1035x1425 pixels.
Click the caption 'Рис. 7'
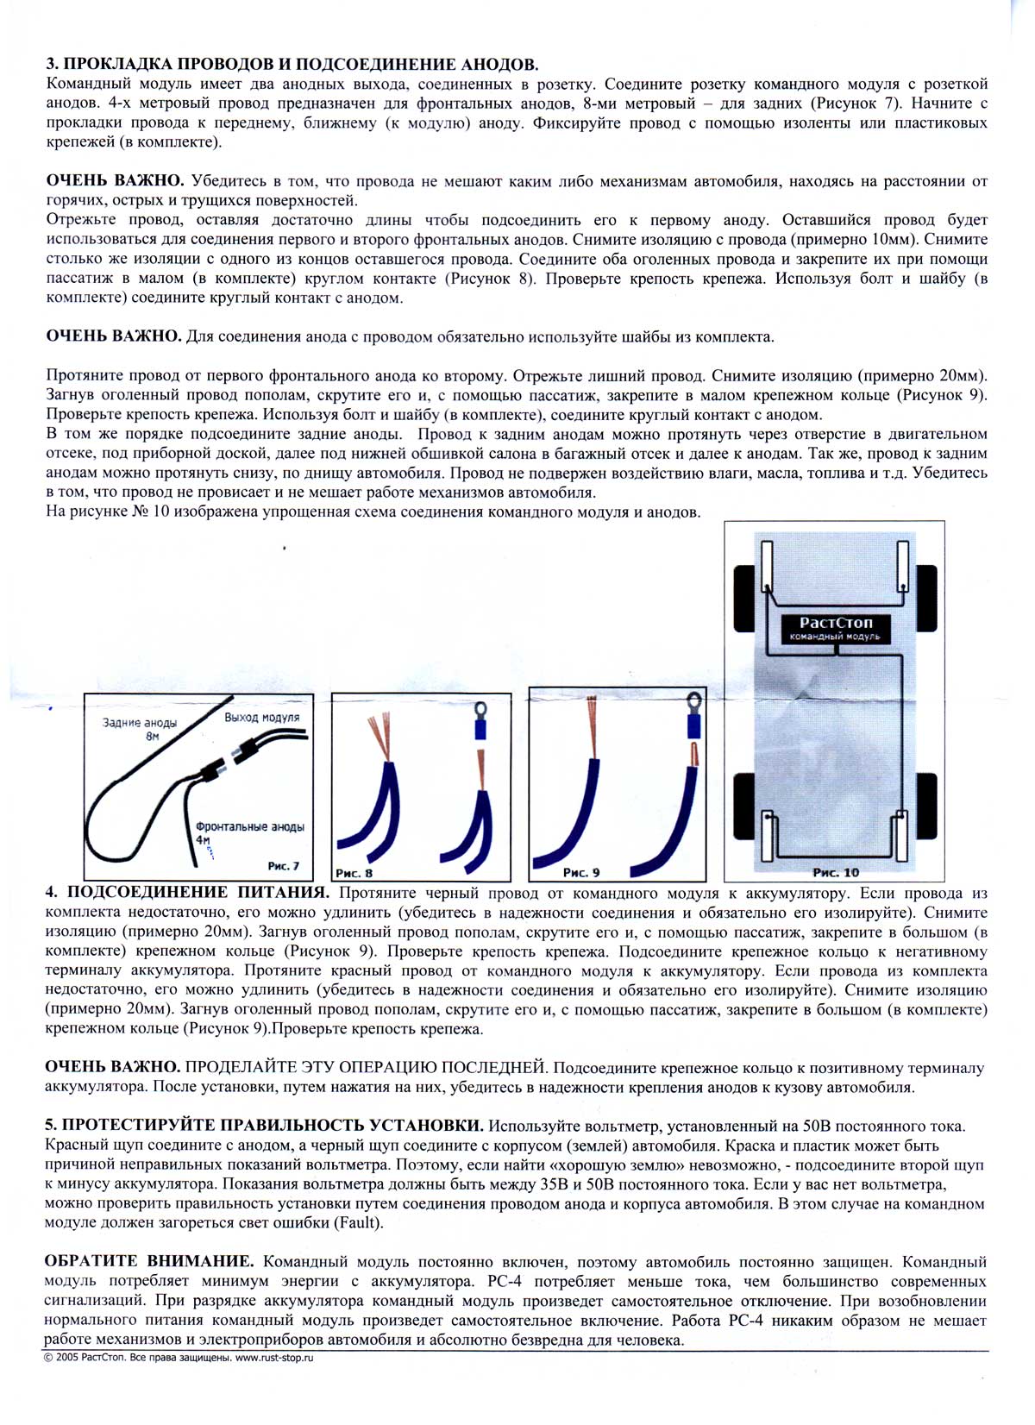pyautogui.click(x=284, y=866)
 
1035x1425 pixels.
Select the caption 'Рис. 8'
pyautogui.click(x=354, y=872)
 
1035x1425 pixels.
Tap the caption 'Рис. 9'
pyautogui.click(x=581, y=872)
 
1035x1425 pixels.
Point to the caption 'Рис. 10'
pyautogui.click(x=836, y=872)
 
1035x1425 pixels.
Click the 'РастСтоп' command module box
pyautogui.click(x=835, y=628)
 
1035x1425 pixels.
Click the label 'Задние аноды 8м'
pyautogui.click(x=140, y=729)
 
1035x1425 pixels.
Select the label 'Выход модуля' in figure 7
pyautogui.click(x=262, y=717)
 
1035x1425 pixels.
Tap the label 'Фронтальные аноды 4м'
pyautogui.click(x=249, y=832)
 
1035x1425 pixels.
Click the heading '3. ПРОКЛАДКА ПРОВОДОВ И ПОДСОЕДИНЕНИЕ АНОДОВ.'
pyautogui.click(x=292, y=65)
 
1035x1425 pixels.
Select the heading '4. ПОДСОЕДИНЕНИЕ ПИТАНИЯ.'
pyautogui.click(x=187, y=893)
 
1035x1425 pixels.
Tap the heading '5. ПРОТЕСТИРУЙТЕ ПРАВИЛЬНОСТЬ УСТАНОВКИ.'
pyautogui.click(x=265, y=1126)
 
